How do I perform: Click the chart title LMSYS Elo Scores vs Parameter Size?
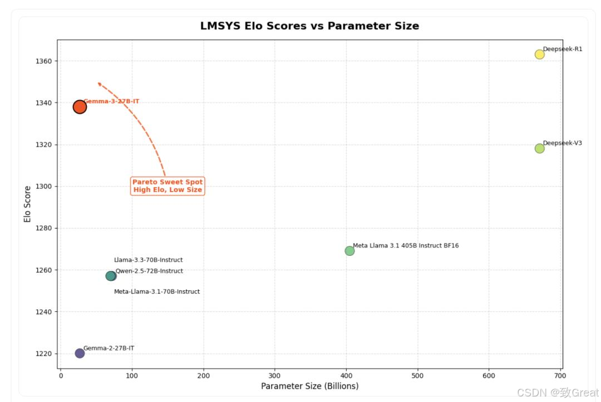click(x=309, y=26)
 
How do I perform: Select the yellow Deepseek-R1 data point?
click(x=539, y=54)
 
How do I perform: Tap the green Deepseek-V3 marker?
click(x=539, y=148)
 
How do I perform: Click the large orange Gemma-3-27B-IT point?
click(x=80, y=107)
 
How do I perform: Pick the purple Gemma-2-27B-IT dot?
click(x=80, y=353)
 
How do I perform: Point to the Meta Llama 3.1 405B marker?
click(x=349, y=251)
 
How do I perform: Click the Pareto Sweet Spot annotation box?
click(x=168, y=186)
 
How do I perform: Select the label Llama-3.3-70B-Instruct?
click(x=148, y=260)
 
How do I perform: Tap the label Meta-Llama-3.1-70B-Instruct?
click(x=156, y=292)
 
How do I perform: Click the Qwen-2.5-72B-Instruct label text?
click(x=149, y=271)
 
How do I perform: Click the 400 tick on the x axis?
click(x=346, y=376)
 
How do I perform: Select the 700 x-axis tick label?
click(x=560, y=376)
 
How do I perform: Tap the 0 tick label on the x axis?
click(x=61, y=376)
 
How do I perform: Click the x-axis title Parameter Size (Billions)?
click(x=309, y=386)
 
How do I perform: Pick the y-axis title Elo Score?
click(x=27, y=204)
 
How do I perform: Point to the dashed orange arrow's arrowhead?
click(x=99, y=83)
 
